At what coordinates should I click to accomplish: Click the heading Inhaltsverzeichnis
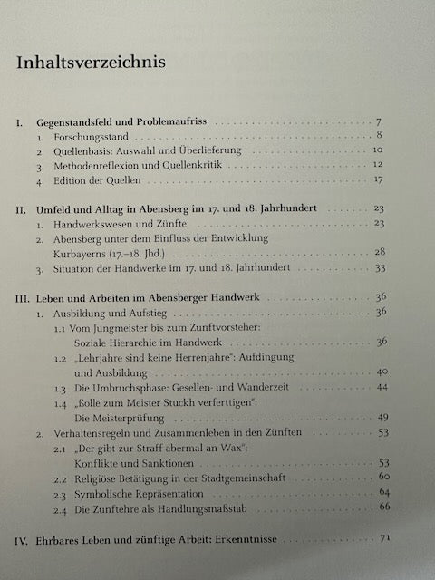click(x=89, y=64)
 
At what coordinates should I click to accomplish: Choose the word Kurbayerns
click(x=84, y=255)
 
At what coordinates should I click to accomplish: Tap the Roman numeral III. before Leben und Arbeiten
click(x=24, y=296)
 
